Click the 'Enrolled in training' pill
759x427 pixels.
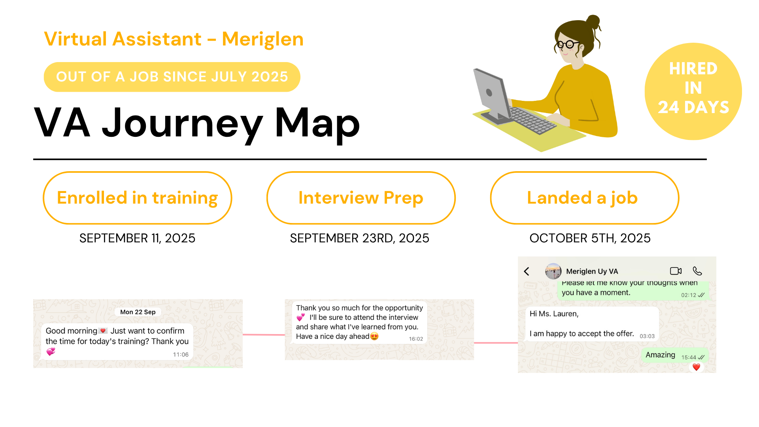pyautogui.click(x=137, y=198)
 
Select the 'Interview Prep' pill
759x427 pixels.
pyautogui.click(x=361, y=198)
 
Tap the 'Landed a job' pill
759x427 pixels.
pyautogui.click(x=584, y=198)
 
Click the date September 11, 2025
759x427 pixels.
pyautogui.click(x=137, y=238)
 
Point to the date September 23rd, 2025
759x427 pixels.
pyautogui.click(x=359, y=238)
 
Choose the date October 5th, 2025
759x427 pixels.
pyautogui.click(x=590, y=238)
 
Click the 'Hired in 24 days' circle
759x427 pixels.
pyautogui.click(x=693, y=91)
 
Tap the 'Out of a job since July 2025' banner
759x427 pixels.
pyautogui.click(x=172, y=77)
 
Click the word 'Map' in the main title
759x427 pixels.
pyautogui.click(x=317, y=123)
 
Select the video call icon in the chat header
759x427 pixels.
pyautogui.click(x=676, y=271)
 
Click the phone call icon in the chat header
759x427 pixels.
pyautogui.click(x=697, y=271)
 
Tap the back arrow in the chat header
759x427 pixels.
pyautogui.click(x=527, y=271)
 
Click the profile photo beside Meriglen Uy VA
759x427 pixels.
pyautogui.click(x=553, y=271)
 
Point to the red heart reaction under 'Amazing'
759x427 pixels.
pyautogui.click(x=696, y=367)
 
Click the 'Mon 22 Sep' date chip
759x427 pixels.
pyautogui.click(x=138, y=312)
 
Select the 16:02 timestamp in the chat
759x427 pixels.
pyautogui.click(x=416, y=339)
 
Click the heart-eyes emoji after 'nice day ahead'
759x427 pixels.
pyautogui.click(x=374, y=336)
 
